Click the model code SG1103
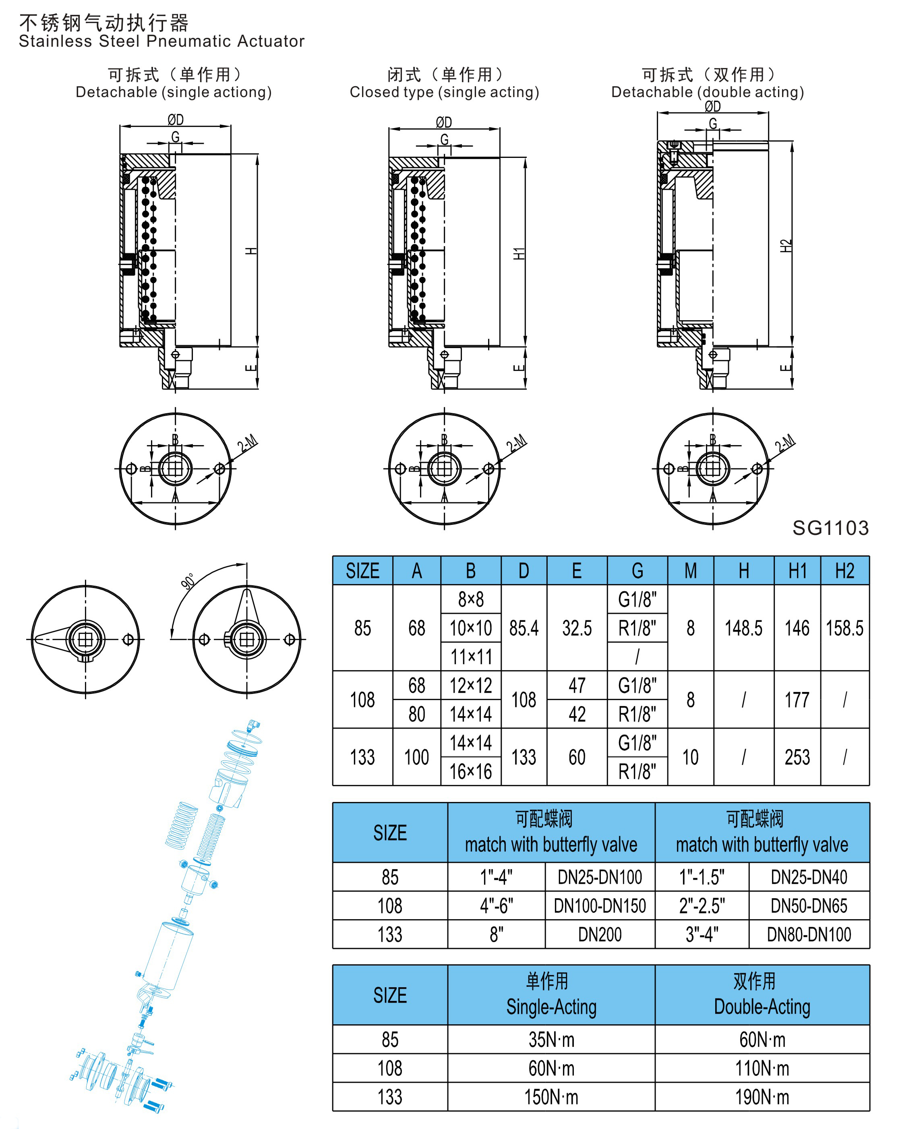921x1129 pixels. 830,528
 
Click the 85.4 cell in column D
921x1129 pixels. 524,628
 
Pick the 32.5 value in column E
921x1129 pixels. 577,628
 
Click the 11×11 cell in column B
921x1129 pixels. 471,657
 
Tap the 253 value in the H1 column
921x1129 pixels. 797,757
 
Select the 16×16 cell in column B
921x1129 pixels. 471,771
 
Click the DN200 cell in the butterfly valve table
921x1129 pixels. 600,934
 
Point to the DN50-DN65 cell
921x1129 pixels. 809,905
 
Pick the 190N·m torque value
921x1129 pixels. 762,1097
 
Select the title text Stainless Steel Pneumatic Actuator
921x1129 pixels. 162,41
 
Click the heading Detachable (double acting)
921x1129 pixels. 708,92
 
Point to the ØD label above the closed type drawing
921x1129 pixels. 444,122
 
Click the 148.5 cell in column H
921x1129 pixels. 743,628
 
